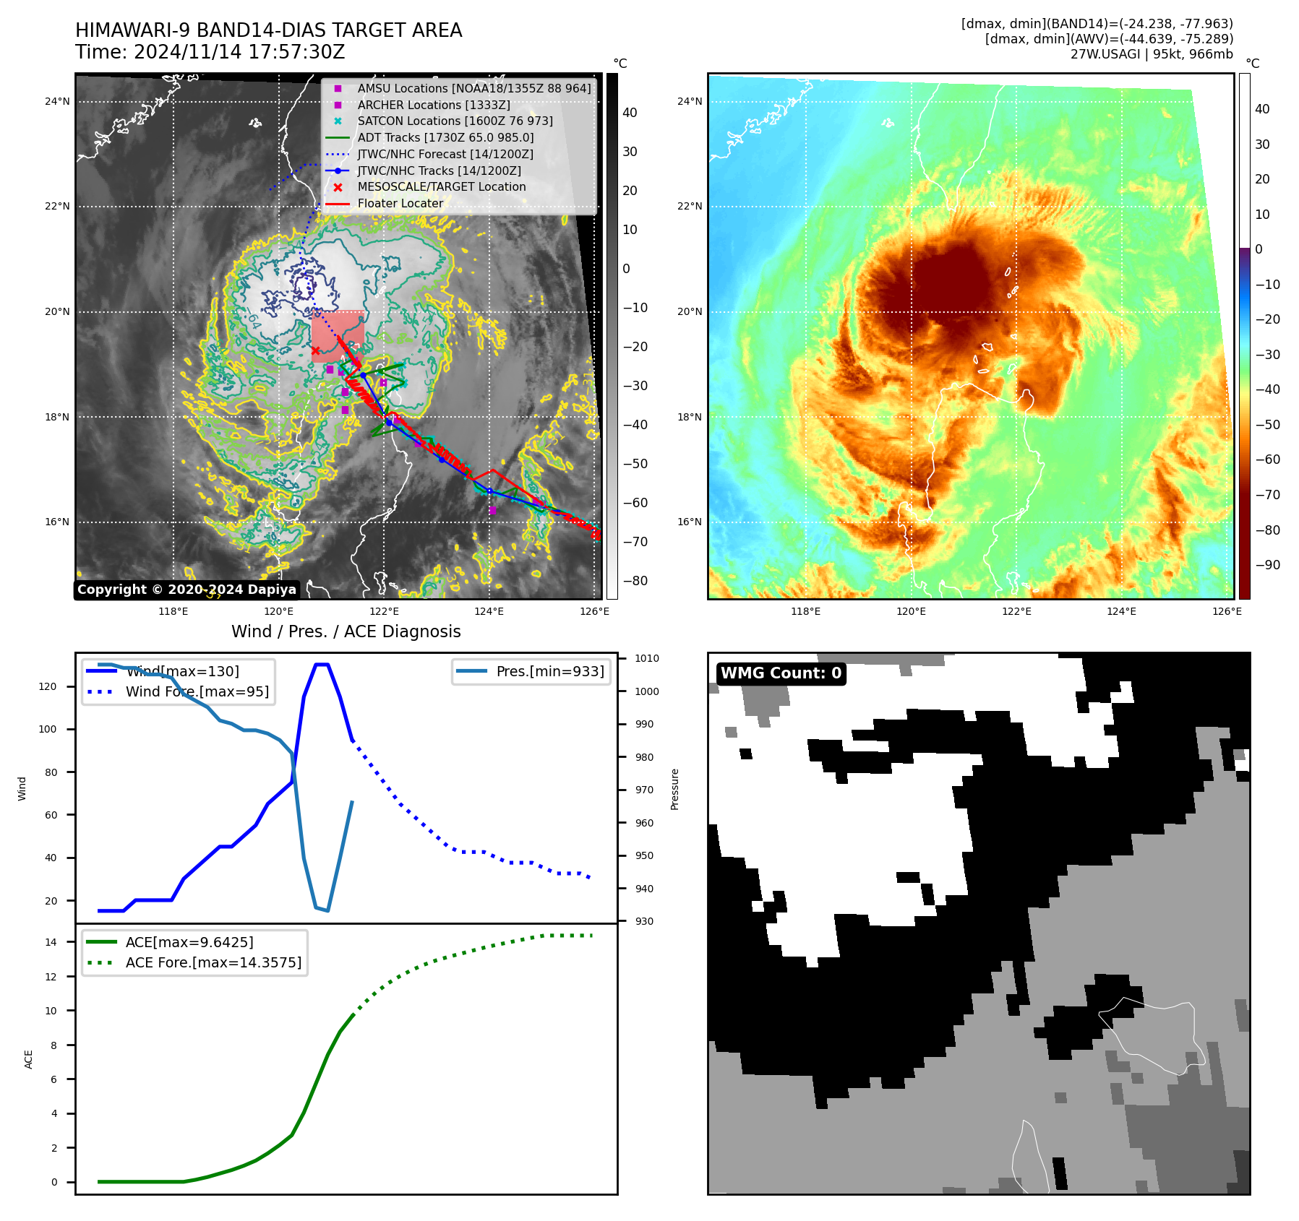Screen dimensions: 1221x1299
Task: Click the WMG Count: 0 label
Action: coord(781,673)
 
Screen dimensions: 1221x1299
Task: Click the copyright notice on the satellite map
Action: coord(187,590)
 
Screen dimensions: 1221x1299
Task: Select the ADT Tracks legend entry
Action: coord(445,137)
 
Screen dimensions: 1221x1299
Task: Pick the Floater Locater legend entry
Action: coord(400,203)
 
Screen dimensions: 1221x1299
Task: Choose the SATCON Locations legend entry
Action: coord(455,121)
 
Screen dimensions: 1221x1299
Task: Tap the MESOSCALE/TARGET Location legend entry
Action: coord(441,186)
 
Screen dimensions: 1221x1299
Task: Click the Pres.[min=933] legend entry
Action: coord(550,671)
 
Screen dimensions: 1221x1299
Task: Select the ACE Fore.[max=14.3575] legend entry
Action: coord(213,962)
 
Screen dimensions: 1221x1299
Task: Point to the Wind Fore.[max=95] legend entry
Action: coord(197,691)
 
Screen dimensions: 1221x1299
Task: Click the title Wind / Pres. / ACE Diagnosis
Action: coord(346,631)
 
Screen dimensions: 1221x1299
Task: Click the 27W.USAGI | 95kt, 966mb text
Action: coord(1152,54)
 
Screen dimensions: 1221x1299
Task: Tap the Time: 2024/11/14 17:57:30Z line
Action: coord(210,52)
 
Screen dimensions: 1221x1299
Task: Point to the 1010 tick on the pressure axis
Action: coord(646,658)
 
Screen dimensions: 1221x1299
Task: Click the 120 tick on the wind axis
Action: coord(48,686)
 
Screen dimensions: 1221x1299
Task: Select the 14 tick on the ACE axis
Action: coord(51,941)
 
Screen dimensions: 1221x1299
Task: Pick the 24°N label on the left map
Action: coord(57,101)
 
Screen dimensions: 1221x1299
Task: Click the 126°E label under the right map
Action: coord(1227,611)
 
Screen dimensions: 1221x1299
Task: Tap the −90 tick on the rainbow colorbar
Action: coord(1267,565)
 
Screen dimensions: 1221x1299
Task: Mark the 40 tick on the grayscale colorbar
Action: coord(630,112)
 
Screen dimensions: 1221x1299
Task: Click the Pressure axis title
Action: coord(674,789)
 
